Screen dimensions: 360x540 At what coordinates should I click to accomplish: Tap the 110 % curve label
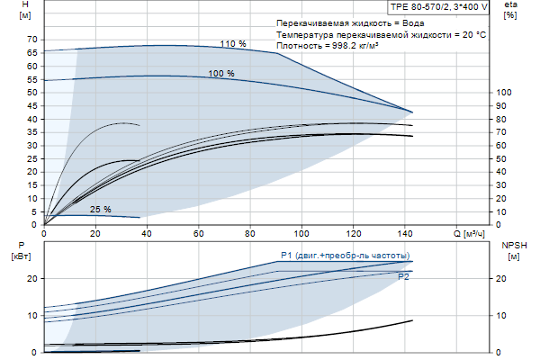(x=233, y=44)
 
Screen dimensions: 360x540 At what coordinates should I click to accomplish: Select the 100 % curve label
(x=221, y=73)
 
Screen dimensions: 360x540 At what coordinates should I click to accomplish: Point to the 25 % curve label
(x=100, y=210)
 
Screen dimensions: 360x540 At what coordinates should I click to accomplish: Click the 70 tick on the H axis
(x=32, y=40)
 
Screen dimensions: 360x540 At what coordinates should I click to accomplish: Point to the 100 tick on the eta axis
(x=503, y=92)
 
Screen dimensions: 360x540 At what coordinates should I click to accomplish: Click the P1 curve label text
(x=345, y=255)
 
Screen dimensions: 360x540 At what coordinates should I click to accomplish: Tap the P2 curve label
(x=404, y=277)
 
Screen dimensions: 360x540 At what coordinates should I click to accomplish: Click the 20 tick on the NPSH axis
(x=503, y=279)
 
